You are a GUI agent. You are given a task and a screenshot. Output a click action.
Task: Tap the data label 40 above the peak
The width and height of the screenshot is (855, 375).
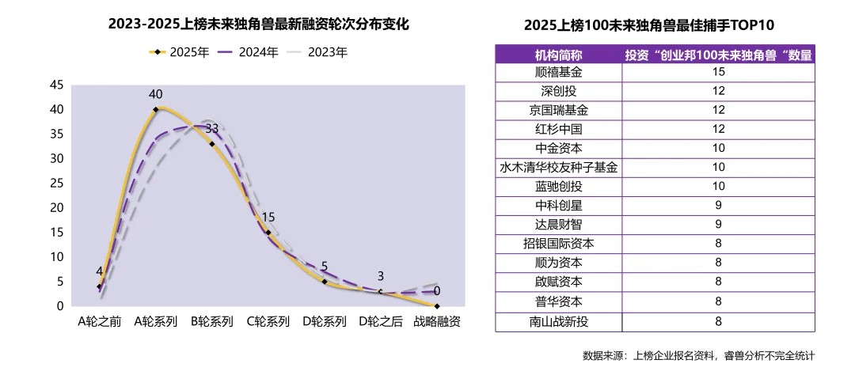pos(156,94)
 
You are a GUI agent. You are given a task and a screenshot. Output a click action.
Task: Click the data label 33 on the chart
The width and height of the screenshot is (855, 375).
pos(212,128)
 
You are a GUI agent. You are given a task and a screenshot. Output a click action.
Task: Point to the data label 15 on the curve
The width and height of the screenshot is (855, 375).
pos(268,217)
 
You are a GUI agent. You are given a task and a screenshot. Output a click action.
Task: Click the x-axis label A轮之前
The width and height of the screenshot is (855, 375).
pos(99,322)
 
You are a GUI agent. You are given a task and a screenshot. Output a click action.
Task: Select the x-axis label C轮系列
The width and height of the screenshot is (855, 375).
pos(268,322)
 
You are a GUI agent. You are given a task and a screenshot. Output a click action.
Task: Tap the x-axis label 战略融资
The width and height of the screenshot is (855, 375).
pos(437,322)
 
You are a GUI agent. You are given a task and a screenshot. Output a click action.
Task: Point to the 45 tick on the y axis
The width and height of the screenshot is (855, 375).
pos(56,85)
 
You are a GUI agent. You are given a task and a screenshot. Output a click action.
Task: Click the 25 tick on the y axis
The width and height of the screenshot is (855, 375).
pos(56,183)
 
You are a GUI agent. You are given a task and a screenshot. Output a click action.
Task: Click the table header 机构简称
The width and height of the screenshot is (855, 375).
pos(558,55)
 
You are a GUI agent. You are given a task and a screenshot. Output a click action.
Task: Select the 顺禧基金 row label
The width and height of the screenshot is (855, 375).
pos(558,72)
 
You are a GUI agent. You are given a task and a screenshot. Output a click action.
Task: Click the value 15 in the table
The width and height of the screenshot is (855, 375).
pos(718,72)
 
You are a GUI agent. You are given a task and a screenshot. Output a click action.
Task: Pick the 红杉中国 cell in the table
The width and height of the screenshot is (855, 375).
pos(558,129)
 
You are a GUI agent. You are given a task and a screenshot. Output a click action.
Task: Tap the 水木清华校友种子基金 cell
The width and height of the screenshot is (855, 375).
pos(558,168)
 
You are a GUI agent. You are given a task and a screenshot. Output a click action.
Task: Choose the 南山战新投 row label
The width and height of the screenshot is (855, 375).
pos(558,321)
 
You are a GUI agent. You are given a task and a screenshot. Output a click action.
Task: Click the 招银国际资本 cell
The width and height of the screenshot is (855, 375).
pos(558,244)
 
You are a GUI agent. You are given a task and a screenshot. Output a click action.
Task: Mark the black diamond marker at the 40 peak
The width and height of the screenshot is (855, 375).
pos(156,109)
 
